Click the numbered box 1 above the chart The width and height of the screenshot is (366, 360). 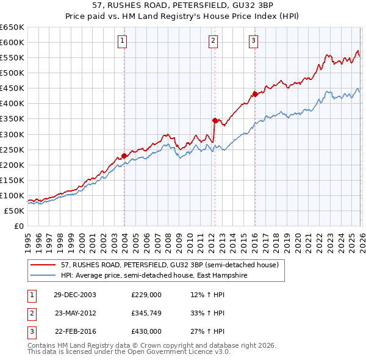[x=123, y=41]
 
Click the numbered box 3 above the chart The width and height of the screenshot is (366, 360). [x=253, y=41]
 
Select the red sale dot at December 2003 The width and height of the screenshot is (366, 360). [x=124, y=156]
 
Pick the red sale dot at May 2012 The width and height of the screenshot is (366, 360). [x=215, y=120]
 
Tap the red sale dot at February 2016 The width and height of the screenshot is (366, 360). [x=255, y=94]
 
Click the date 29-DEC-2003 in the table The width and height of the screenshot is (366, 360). [x=75, y=294]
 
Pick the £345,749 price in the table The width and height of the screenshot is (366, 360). [x=146, y=313]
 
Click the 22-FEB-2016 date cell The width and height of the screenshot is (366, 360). [x=75, y=332]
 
